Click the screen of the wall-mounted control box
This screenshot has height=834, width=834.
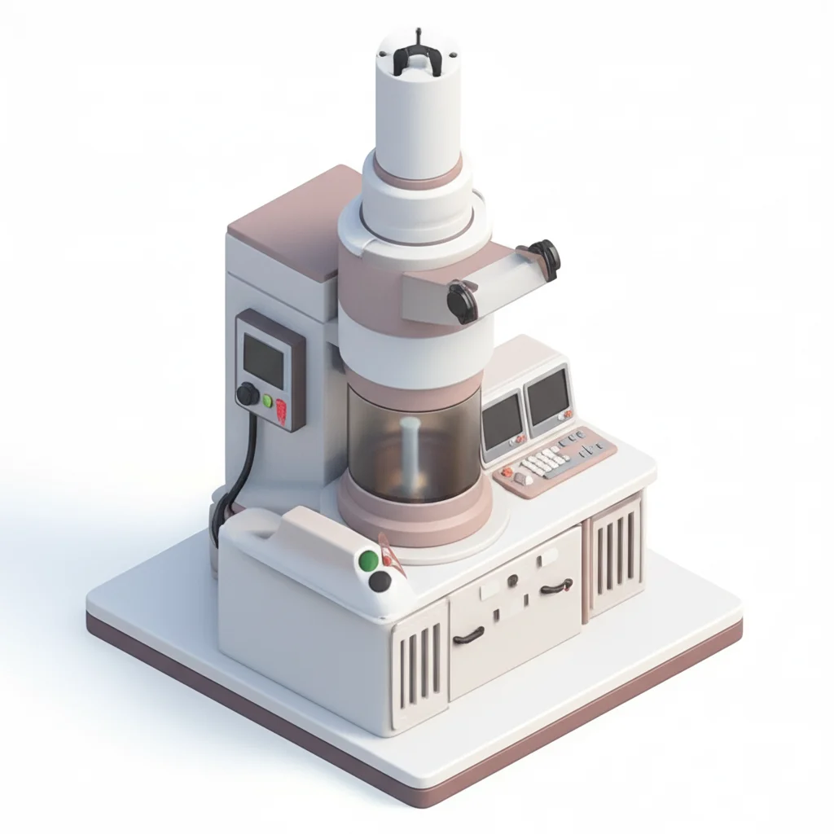click(x=264, y=361)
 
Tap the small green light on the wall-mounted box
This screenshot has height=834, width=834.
click(x=268, y=401)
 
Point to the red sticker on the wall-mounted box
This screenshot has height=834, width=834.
click(x=282, y=411)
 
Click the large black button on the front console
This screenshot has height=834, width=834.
click(x=380, y=581)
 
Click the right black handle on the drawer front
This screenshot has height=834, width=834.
click(x=555, y=586)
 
